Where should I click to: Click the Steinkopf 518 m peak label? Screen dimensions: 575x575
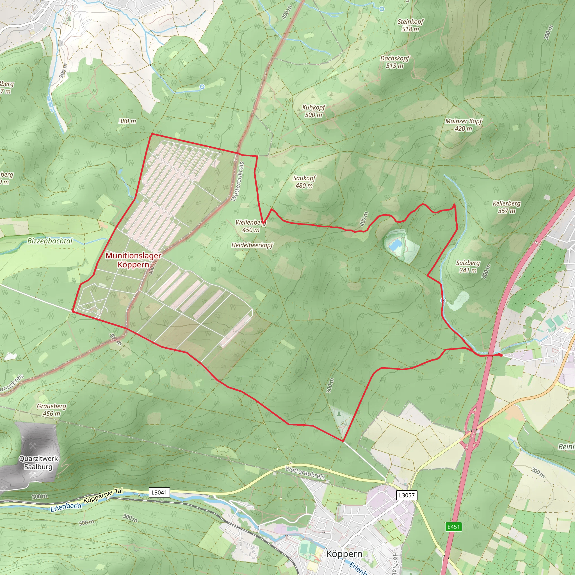click(410, 25)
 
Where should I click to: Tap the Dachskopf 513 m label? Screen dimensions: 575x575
click(395, 62)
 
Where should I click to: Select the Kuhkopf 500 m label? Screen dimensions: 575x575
click(313, 111)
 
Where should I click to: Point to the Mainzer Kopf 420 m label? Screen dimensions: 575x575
click(463, 125)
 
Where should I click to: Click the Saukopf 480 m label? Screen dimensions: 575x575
click(304, 182)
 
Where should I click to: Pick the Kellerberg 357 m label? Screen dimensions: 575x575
click(506, 207)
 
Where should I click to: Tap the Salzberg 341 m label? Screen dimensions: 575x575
click(468, 266)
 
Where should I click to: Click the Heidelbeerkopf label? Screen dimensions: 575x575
click(252, 245)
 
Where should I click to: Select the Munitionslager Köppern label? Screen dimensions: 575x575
click(133, 260)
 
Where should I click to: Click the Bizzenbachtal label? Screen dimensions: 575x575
click(50, 241)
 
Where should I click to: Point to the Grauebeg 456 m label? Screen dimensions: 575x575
click(51, 410)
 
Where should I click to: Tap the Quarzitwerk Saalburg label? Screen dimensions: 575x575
click(38, 462)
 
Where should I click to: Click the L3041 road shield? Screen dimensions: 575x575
click(159, 492)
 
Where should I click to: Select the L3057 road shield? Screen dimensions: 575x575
click(407, 495)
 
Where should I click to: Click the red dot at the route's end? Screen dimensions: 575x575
click(501, 355)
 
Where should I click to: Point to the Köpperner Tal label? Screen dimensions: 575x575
click(103, 496)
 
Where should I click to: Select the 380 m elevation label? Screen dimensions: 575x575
click(127, 121)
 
